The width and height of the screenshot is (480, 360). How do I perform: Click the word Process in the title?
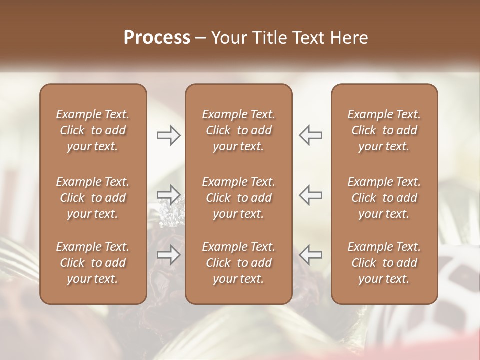(x=157, y=38)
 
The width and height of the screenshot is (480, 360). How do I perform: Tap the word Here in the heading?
(x=349, y=38)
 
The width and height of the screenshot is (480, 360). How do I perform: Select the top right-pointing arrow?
(x=168, y=135)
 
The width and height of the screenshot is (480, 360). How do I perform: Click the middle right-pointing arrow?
(x=168, y=194)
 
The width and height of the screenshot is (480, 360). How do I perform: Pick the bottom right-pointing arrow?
(x=168, y=255)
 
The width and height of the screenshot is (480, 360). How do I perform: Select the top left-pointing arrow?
(x=311, y=135)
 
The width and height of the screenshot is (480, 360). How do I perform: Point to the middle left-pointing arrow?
(x=311, y=194)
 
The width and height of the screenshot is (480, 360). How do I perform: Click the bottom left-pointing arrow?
(x=311, y=255)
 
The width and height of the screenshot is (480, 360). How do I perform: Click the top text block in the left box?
(x=93, y=130)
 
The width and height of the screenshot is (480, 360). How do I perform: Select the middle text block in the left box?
(x=93, y=198)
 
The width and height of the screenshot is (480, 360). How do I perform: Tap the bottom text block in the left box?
(x=93, y=263)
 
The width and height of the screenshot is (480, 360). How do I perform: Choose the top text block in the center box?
(x=238, y=130)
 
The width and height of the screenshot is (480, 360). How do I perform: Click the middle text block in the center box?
(x=238, y=198)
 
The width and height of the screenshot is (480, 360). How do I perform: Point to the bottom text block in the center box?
(x=238, y=263)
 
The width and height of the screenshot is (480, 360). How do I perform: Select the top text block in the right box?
(x=384, y=130)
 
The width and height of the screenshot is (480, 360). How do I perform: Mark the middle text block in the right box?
(x=384, y=198)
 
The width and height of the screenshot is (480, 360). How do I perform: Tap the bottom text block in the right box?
(x=384, y=263)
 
